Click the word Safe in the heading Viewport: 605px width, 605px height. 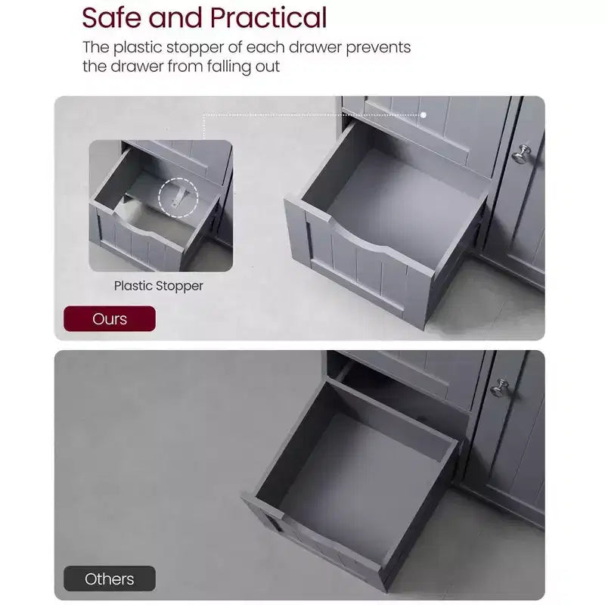pyautogui.click(x=111, y=17)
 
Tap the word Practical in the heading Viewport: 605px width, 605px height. pyautogui.click(x=268, y=17)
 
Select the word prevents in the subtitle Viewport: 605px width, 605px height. pyautogui.click(x=378, y=48)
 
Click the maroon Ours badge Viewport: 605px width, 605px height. pyautogui.click(x=110, y=318)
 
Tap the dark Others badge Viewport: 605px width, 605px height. pyautogui.click(x=110, y=579)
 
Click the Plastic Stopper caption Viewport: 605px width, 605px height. pyautogui.click(x=158, y=286)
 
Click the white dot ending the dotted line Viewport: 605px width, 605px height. pyautogui.click(x=423, y=115)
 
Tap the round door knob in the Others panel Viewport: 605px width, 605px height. pyautogui.click(x=500, y=388)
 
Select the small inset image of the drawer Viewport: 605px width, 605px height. pyautogui.click(x=161, y=206)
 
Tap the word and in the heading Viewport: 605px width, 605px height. pyautogui.click(x=175, y=17)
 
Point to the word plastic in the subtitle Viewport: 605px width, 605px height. pyautogui.click(x=138, y=48)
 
